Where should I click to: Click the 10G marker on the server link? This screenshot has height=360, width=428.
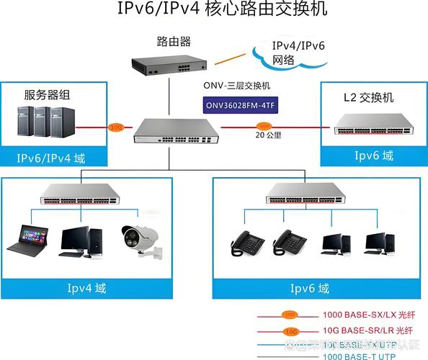(x=115, y=127)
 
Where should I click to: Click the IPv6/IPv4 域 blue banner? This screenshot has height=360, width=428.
(x=51, y=158)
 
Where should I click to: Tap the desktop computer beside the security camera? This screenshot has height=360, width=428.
(x=76, y=242)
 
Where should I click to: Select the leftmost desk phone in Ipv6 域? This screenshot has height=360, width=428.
(x=246, y=243)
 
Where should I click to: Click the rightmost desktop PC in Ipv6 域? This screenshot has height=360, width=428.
(x=376, y=243)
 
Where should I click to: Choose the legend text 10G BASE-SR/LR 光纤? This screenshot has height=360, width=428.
(x=368, y=330)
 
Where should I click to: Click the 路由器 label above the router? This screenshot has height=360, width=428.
(x=174, y=41)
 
